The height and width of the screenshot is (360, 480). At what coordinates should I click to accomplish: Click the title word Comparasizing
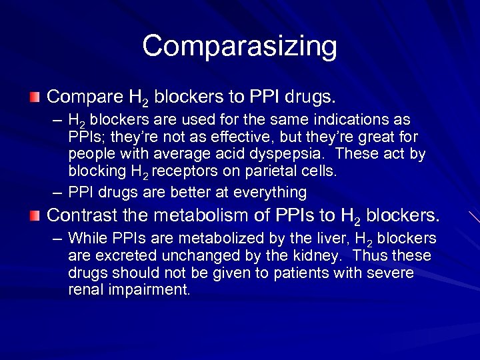click(239, 47)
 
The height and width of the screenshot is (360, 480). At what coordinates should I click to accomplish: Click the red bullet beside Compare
click(34, 97)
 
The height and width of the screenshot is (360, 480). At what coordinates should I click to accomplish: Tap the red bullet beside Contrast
click(34, 216)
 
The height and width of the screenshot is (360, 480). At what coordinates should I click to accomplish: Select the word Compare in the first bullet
click(83, 97)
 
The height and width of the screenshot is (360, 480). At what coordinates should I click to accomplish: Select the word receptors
click(187, 171)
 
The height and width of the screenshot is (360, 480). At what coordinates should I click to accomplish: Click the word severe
click(391, 273)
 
